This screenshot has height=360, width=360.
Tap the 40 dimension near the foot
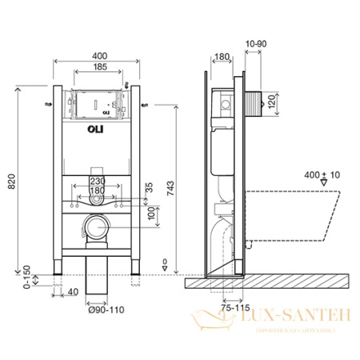coord(72,293)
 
